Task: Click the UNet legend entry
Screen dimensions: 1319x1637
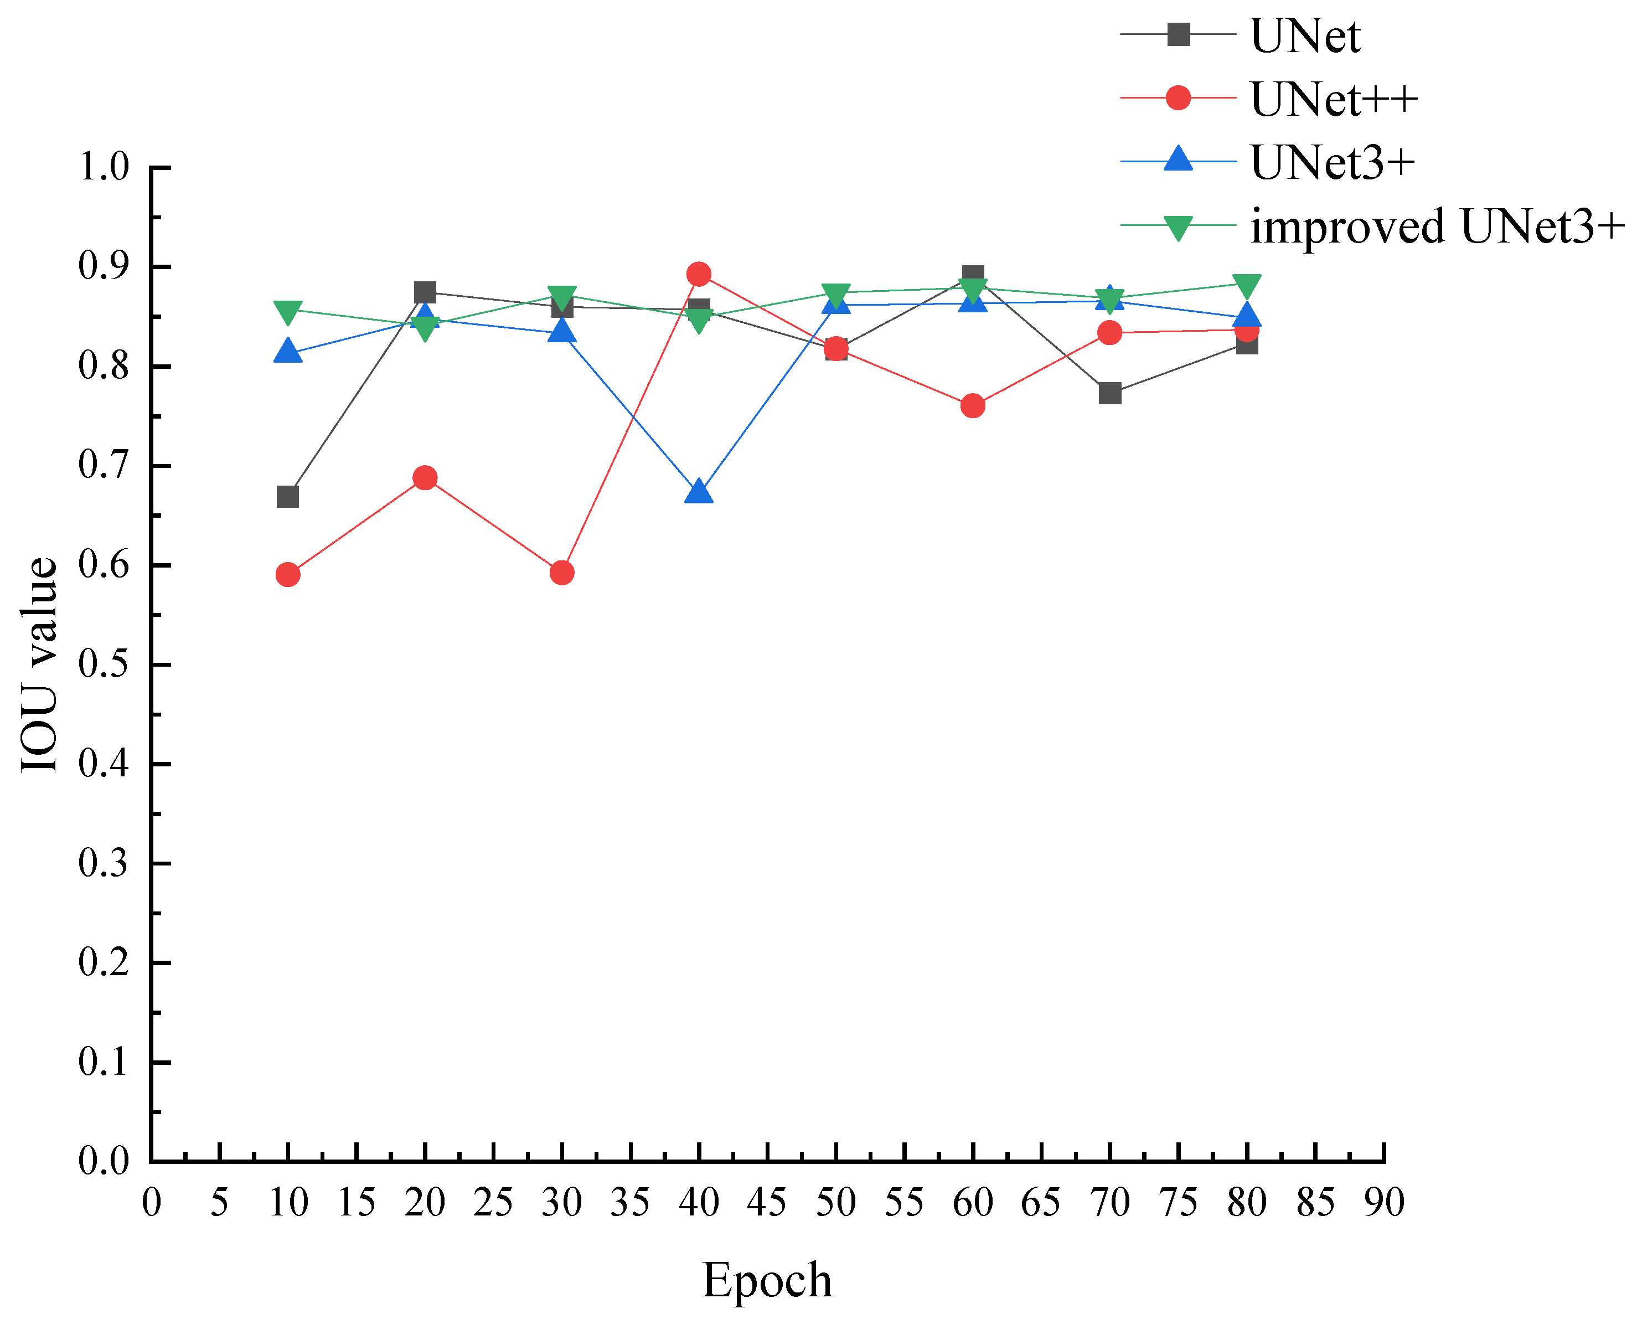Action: coord(1304,35)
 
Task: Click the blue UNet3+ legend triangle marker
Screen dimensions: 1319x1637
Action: coord(1178,159)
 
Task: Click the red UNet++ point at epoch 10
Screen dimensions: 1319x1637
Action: coord(288,574)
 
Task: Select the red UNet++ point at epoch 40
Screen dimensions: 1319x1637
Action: coord(698,274)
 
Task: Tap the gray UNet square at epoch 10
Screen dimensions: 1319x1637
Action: coord(288,497)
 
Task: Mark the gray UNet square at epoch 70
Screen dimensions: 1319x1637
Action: coord(1110,394)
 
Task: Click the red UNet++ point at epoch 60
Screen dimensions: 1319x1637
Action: coord(972,406)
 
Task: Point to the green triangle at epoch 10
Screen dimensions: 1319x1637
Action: coord(288,312)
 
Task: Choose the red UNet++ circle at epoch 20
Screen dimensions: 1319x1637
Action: coord(425,478)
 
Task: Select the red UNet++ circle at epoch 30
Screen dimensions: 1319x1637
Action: coord(561,573)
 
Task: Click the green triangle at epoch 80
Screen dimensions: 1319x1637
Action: coord(1247,286)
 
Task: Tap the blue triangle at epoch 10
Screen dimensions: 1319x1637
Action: coord(288,351)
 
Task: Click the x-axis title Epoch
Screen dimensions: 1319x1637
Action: coord(767,1280)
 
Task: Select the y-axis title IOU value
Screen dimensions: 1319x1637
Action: coord(39,665)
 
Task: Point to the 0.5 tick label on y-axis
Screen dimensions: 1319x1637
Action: coord(104,665)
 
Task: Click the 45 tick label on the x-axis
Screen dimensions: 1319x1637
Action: coord(767,1203)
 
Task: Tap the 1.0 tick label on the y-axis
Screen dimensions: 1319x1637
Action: coord(104,167)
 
